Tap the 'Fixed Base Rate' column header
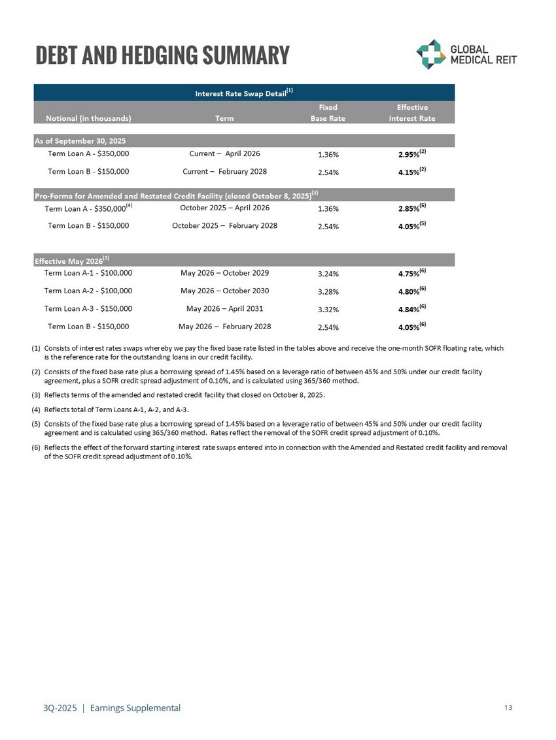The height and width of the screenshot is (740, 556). (327, 112)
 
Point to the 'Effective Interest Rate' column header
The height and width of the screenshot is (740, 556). (411, 112)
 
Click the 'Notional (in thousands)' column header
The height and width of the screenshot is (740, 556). (88, 118)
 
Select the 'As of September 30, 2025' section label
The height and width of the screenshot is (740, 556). (80, 141)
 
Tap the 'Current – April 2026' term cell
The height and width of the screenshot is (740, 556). (224, 154)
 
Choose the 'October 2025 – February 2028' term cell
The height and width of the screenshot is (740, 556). (224, 226)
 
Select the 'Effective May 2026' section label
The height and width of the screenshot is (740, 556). (70, 261)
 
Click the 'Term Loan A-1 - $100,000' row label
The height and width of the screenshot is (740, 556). (88, 273)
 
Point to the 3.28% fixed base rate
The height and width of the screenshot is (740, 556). (327, 291)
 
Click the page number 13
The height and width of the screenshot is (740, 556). (508, 708)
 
